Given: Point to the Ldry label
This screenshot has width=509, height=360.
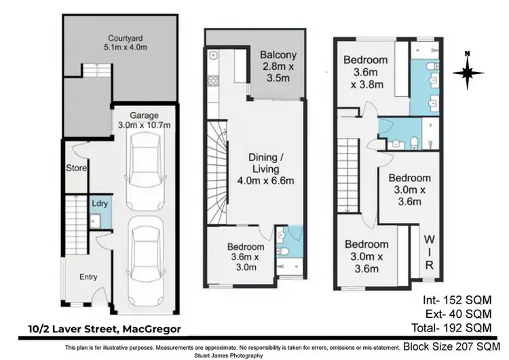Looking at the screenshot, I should [x=99, y=203].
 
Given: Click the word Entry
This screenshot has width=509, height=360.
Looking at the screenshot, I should [x=88, y=276].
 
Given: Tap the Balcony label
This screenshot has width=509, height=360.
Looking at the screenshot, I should [x=278, y=62].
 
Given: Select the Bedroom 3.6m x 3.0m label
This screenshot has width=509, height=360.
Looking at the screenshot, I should [x=246, y=257].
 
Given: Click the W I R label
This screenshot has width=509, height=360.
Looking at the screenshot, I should [x=428, y=253].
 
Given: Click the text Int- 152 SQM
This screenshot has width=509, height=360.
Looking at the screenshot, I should [x=457, y=300].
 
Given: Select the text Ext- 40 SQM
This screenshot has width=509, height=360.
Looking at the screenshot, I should [x=457, y=314].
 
